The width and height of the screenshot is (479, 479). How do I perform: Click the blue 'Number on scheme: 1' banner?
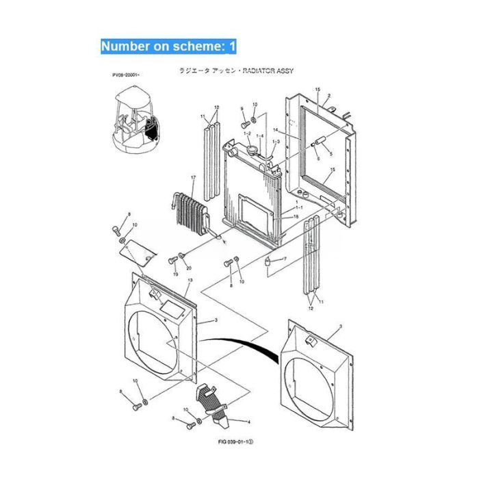click(x=168, y=47)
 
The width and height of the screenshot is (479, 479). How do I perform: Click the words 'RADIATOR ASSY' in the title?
click(x=274, y=71)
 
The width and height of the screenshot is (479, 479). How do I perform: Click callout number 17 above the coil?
click(x=193, y=179)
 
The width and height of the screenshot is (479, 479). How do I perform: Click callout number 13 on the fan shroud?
click(x=190, y=281)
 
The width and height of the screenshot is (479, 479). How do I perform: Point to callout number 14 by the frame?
click(x=295, y=129)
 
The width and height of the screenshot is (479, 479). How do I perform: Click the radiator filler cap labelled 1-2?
click(x=255, y=146)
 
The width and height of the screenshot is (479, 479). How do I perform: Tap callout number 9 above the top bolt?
click(x=242, y=109)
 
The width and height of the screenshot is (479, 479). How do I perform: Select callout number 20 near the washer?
click(x=189, y=268)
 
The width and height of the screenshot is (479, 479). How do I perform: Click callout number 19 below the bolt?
click(x=175, y=274)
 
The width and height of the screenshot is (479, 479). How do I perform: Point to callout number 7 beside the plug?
click(x=285, y=259)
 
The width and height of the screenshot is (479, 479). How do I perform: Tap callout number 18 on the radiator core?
click(x=295, y=217)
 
